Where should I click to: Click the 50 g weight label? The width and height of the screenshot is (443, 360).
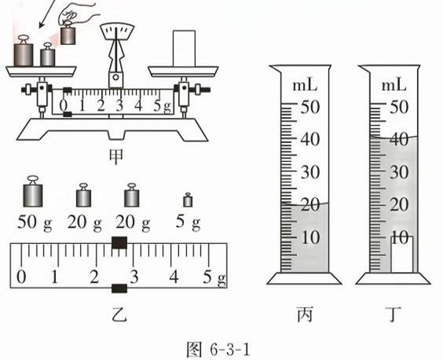tap(35, 222)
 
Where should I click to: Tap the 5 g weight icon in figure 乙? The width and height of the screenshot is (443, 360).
tap(188, 200)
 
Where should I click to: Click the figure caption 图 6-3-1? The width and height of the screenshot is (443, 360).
tap(218, 350)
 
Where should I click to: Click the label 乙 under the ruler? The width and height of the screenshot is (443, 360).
tap(119, 314)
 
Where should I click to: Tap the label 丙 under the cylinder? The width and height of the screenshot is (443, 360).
tap(305, 314)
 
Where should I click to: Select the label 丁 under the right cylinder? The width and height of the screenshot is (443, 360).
tap(394, 314)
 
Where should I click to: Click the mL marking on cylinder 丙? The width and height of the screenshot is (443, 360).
tap(305, 86)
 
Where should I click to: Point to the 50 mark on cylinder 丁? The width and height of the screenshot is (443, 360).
tap(399, 107)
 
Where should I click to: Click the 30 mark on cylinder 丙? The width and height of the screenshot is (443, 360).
tap(310, 172)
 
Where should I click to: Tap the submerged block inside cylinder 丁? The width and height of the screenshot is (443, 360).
tap(401, 254)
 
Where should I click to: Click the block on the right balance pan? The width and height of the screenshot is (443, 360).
tap(184, 49)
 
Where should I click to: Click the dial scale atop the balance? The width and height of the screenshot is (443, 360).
tap(117, 31)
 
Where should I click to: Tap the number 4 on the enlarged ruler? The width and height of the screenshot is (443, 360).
tap(174, 277)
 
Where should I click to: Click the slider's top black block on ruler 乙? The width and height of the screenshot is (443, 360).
tap(119, 243)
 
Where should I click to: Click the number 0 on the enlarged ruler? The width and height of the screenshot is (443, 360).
tap(21, 277)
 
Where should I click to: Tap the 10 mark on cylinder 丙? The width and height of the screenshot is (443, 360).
tap(310, 237)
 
